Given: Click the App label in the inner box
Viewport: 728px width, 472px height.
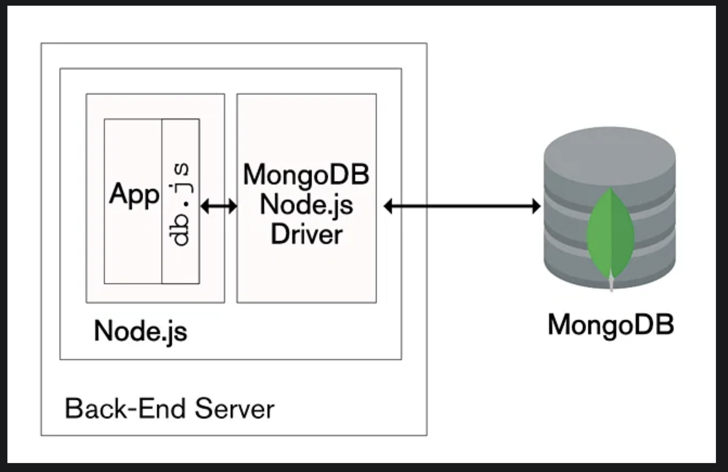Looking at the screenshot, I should (134, 194).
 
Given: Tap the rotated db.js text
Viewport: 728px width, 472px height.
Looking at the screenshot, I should (180, 204).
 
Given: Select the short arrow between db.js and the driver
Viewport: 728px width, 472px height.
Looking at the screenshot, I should (219, 206).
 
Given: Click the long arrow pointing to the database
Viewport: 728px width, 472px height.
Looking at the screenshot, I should (462, 206).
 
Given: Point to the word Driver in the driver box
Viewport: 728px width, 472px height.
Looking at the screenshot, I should (307, 235).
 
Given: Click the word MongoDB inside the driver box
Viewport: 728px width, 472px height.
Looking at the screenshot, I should (306, 174).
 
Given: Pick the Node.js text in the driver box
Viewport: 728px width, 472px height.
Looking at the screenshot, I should (306, 204).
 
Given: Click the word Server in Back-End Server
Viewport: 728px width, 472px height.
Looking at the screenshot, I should (234, 408).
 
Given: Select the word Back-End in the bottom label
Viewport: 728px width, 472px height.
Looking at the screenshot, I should (125, 408).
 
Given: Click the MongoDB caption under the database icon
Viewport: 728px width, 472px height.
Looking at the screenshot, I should (611, 325).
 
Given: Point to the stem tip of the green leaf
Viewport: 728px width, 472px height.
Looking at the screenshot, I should (611, 285).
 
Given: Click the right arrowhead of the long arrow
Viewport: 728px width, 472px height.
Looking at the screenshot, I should (536, 206).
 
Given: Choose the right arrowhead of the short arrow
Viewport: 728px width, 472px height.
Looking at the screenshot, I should (233, 206).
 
